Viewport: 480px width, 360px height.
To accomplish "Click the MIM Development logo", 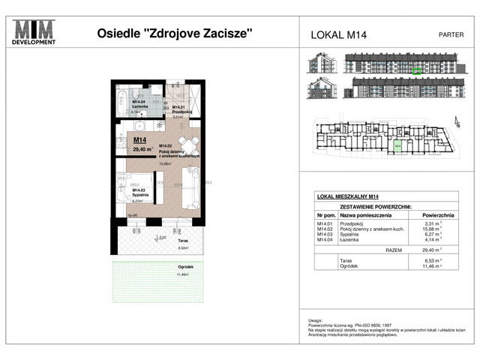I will click(35, 33).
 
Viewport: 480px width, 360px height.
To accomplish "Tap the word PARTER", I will click(450, 34).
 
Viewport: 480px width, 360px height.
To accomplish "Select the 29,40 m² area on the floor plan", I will click(142, 149).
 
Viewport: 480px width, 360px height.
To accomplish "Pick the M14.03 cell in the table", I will click(325, 233).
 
